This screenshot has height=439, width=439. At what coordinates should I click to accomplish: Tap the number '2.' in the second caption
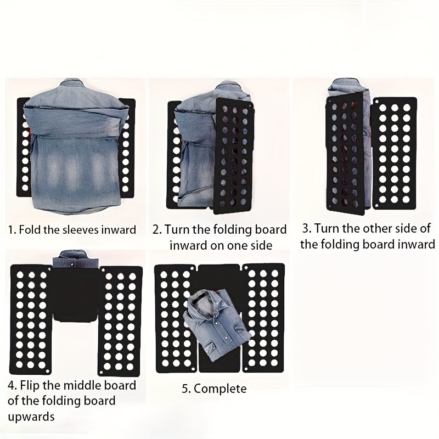(x=157, y=229)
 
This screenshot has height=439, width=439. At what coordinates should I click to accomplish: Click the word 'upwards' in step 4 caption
(x=31, y=417)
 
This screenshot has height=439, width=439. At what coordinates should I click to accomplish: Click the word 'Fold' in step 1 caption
(x=31, y=229)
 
